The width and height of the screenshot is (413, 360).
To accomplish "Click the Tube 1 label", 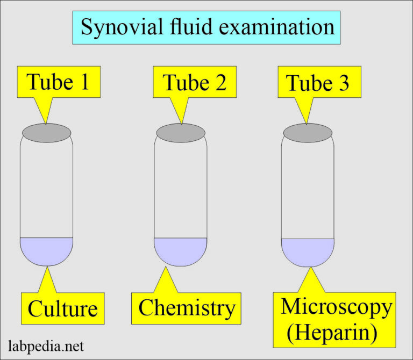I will [x=58, y=82].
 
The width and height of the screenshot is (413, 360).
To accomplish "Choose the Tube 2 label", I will [x=194, y=83].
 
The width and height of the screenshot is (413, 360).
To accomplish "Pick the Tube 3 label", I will [x=317, y=84].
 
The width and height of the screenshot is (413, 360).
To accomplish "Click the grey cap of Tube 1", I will [x=47, y=132].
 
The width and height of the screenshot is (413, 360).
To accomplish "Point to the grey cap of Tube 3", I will [x=308, y=133].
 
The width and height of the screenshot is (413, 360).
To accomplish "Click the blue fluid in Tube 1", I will [x=47, y=250].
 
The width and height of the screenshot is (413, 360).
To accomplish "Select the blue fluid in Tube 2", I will [x=181, y=250].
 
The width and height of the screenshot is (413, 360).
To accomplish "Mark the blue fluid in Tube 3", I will [x=308, y=251].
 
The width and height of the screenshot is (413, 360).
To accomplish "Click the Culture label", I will [x=62, y=309].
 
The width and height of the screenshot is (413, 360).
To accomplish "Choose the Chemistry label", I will [x=187, y=308].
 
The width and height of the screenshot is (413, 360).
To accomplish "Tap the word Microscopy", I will [x=337, y=307].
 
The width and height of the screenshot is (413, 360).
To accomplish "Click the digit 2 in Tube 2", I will [x=219, y=83].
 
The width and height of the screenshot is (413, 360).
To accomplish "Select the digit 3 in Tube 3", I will [x=341, y=84].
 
